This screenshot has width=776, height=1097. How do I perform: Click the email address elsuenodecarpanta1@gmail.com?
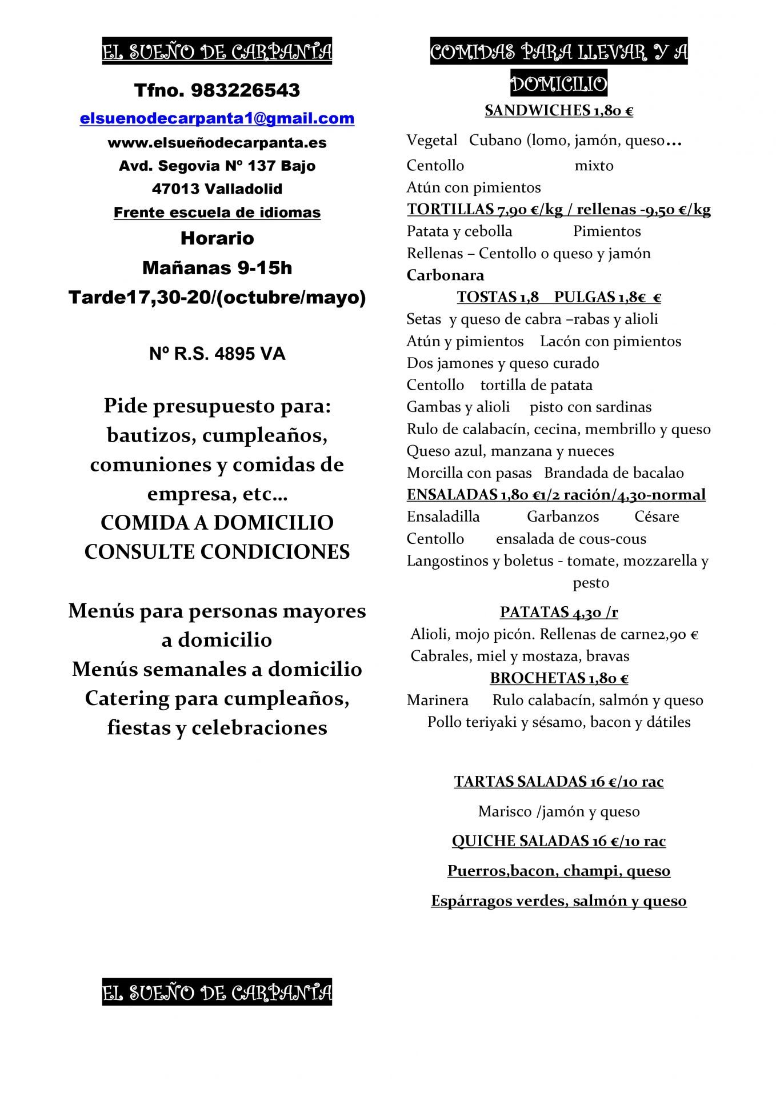[x=217, y=118]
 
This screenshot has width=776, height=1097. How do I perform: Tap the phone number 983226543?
[x=246, y=90]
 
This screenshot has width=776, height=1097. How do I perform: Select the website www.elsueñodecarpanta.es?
[x=217, y=142]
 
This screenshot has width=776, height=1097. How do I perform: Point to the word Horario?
[x=217, y=238]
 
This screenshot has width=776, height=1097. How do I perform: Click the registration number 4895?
[x=234, y=354]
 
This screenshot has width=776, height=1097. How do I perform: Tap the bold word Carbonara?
[x=445, y=275]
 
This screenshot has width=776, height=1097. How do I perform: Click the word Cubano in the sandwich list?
[x=495, y=141]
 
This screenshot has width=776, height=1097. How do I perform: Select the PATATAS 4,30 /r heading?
[x=558, y=612]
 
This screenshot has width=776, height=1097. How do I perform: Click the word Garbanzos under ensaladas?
[x=563, y=517]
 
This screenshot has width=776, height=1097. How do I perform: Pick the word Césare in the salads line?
[x=657, y=517]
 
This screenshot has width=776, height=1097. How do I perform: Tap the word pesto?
[x=591, y=583]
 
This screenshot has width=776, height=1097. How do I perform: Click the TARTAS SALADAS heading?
[x=558, y=782]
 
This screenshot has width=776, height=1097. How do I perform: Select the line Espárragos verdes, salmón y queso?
[x=558, y=901]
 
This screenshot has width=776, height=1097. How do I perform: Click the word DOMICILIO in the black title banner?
[x=558, y=85]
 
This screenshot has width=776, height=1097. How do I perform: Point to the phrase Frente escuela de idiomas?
[x=217, y=213]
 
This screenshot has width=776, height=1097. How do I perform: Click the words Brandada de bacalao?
[x=614, y=473]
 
